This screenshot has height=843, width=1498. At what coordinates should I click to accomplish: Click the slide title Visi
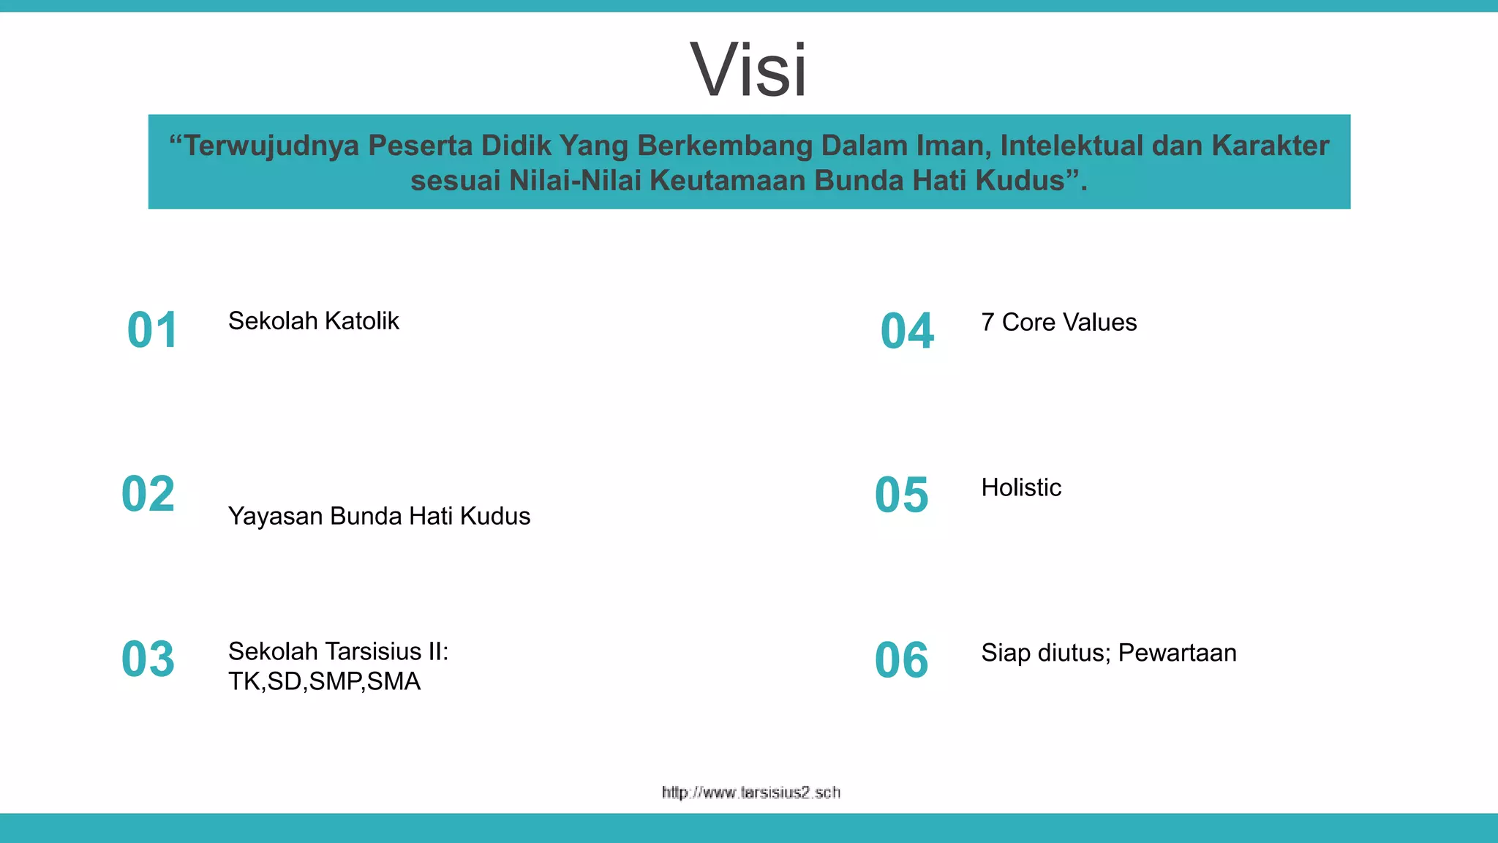pos(748,70)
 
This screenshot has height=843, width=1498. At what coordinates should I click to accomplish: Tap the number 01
pos(152,330)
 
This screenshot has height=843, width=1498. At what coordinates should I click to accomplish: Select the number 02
pos(148,494)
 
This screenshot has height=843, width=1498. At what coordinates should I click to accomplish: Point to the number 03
pos(148,659)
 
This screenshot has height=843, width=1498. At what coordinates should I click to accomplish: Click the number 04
pos(907,331)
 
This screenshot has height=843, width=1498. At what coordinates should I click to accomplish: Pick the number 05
pos(901,495)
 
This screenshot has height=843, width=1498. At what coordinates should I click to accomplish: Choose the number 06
pos(901,660)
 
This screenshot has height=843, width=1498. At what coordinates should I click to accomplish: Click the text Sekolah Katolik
pos(313,321)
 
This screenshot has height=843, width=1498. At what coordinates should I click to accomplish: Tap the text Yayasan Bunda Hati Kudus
pos(379,517)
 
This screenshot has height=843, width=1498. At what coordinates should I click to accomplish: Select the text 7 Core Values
pos(1058,323)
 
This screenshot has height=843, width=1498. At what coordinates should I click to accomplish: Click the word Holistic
pos(1021,488)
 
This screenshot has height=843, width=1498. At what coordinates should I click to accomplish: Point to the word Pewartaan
pos(1177,653)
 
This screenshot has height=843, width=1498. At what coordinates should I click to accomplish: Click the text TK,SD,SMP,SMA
pos(324,682)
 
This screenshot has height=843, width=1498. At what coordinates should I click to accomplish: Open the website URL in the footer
pos(750,793)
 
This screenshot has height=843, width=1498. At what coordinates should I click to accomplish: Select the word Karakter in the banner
pos(1270,146)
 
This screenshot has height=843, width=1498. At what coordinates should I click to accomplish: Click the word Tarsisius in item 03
pos(372,651)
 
